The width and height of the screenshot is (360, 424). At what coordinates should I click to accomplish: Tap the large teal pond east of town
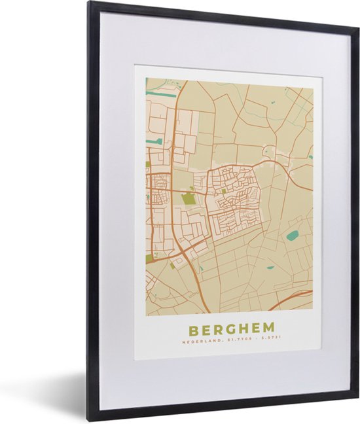click(292, 235)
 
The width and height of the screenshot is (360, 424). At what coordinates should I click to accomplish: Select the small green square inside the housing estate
click(225, 191)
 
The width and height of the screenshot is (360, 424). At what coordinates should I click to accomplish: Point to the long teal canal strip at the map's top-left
click(160, 94)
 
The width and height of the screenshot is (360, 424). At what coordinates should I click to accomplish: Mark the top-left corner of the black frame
click(90, 3)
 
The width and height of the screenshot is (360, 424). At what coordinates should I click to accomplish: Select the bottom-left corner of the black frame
click(90, 419)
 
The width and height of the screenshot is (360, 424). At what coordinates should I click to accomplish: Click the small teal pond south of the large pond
click(269, 266)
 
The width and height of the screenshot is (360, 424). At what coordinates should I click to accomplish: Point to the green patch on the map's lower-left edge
click(149, 259)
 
